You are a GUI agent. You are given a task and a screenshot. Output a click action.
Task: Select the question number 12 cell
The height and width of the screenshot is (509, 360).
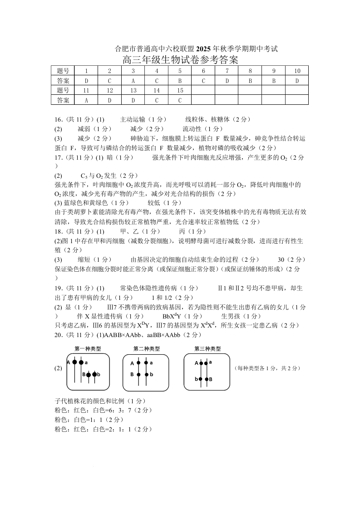109,90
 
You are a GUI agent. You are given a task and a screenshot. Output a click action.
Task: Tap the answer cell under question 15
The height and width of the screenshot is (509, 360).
180,100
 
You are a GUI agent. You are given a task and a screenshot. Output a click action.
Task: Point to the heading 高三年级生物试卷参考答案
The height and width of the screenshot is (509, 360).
180,59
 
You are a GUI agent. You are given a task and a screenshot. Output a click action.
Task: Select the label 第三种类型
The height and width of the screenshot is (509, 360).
207,348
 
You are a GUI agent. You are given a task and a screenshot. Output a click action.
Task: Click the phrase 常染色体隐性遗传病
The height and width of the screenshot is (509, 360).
146,288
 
